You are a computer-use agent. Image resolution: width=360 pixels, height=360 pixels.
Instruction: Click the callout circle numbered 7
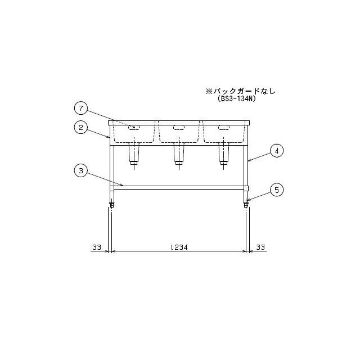(82, 107)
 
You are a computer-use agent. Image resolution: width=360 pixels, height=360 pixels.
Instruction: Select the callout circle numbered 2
(82, 127)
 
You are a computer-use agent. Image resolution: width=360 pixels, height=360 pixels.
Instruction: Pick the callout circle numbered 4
(276, 151)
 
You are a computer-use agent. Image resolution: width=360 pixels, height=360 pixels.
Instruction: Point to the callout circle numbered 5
(276, 190)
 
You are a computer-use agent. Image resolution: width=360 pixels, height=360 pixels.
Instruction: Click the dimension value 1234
(179, 247)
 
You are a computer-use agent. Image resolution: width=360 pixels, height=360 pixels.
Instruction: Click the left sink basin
(134, 133)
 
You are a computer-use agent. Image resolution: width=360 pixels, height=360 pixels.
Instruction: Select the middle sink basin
(179, 133)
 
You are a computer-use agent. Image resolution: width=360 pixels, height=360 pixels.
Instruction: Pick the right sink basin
(223, 133)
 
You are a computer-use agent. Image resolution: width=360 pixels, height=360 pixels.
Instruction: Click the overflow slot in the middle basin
(179, 128)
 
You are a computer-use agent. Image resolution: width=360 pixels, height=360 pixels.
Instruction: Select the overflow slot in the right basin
(223, 128)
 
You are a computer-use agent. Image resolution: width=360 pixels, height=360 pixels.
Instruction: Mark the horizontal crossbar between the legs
(179, 187)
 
